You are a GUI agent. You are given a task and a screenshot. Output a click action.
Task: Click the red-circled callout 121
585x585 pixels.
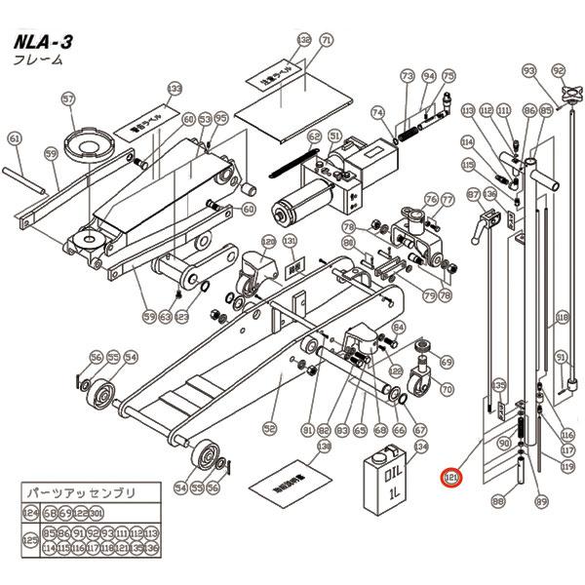(451, 479)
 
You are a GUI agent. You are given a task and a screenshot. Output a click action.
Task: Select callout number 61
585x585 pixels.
(14, 139)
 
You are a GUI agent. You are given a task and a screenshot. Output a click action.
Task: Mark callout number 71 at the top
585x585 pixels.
(326, 40)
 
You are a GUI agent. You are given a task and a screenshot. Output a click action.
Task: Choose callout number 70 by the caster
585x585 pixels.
(448, 390)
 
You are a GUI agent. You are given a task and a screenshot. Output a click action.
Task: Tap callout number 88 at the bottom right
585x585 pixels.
(498, 503)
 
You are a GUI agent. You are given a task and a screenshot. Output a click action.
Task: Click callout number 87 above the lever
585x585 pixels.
(473, 194)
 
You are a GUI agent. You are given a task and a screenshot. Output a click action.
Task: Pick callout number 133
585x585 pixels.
(175, 89)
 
